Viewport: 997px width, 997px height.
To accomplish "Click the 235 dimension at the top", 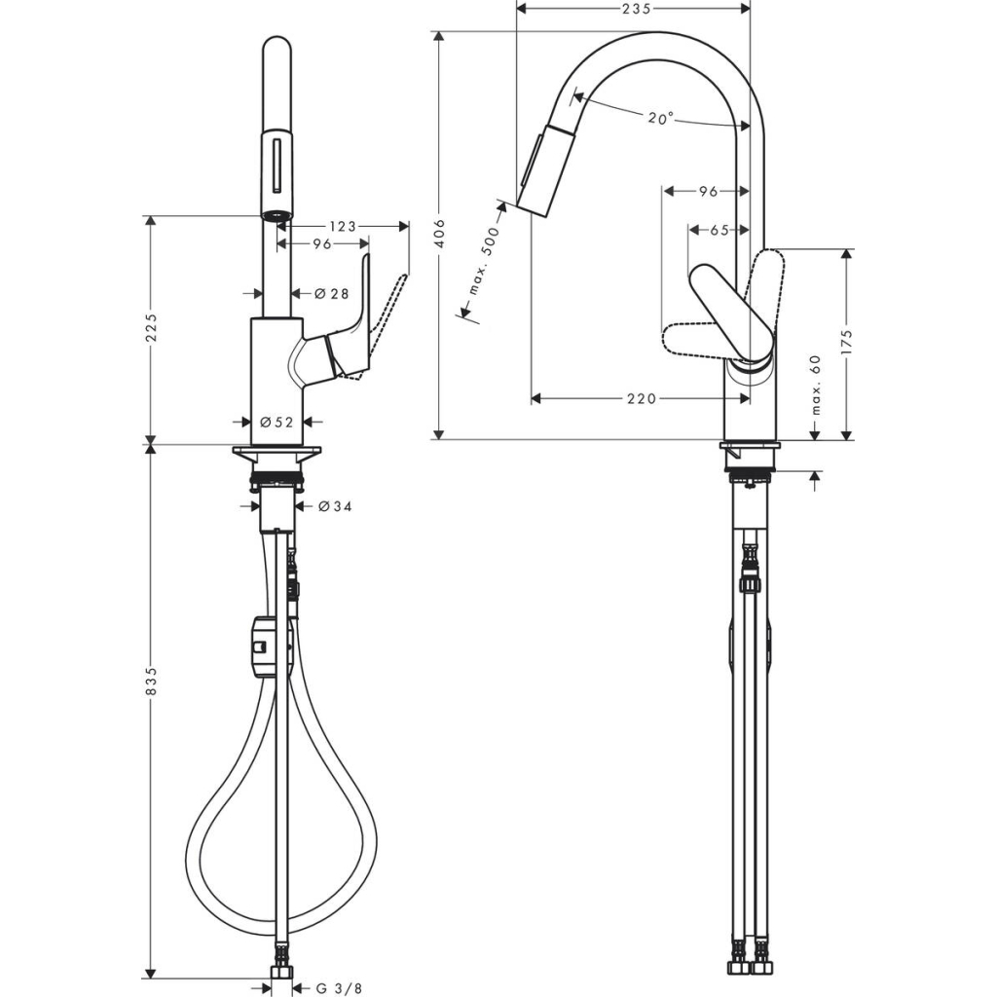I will pos(634,9).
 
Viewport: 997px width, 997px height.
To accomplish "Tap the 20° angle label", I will pos(660,118).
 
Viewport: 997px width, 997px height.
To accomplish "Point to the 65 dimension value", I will pos(720,231).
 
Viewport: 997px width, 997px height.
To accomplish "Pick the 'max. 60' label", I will pos(815,384).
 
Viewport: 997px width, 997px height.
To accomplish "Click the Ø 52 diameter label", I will pos(277,422).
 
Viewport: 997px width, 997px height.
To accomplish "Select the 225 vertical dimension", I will pos(150,332).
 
